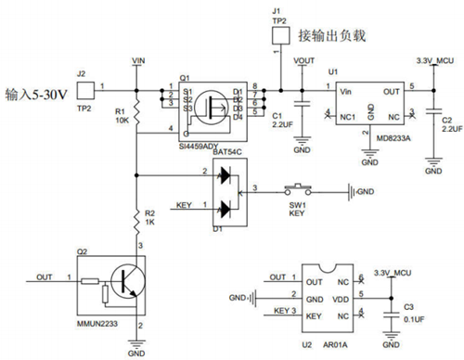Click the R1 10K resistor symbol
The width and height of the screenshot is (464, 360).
pyautogui.click(x=136, y=114)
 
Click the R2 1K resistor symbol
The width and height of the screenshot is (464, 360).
pyautogui.click(x=136, y=219)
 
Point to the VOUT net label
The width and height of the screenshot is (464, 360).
pyautogui.click(x=303, y=60)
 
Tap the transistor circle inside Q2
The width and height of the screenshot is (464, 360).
pyautogui.click(x=121, y=281)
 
